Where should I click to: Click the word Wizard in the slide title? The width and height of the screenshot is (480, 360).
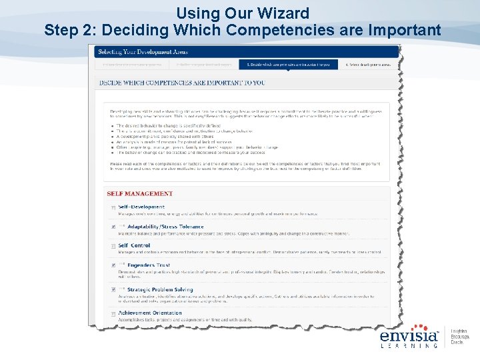pyautogui.click(x=285, y=13)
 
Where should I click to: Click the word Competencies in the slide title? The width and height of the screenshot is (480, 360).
pyautogui.click(x=276, y=30)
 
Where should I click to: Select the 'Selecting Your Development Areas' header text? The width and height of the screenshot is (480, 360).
pyautogui.click(x=143, y=51)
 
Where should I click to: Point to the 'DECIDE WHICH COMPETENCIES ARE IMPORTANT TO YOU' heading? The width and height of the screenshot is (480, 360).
pyautogui.click(x=181, y=83)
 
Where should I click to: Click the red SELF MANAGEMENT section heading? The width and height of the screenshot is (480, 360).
pyautogui.click(x=139, y=193)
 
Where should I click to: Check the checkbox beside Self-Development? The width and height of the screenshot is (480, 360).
pyautogui.click(x=113, y=208)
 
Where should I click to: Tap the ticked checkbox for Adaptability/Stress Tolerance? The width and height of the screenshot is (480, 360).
pyautogui.click(x=113, y=227)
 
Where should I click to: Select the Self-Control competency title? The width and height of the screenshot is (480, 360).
pyautogui.click(x=134, y=245)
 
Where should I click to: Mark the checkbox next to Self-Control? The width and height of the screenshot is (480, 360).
pyautogui.click(x=113, y=247)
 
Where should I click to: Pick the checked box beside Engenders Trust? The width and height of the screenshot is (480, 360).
pyautogui.click(x=113, y=265)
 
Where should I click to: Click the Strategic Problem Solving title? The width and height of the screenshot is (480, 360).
pyautogui.click(x=159, y=289)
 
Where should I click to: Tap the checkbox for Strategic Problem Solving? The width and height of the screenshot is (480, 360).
pyautogui.click(x=113, y=290)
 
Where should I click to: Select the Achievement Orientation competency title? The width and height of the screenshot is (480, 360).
pyautogui.click(x=150, y=313)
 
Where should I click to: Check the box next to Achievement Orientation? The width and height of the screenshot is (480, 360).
pyautogui.click(x=113, y=314)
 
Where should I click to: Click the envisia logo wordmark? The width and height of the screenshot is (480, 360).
pyautogui.click(x=409, y=337)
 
